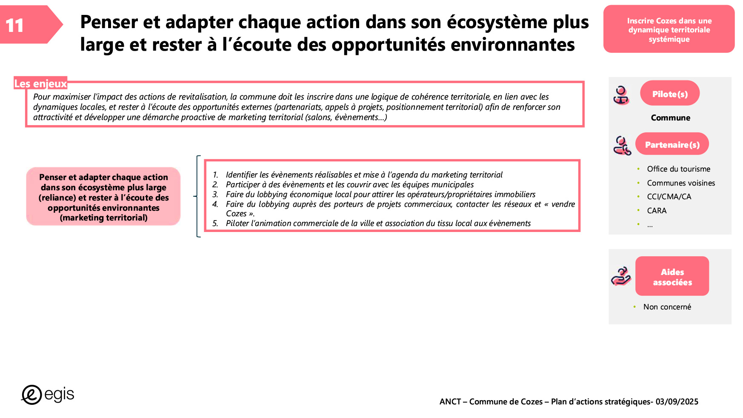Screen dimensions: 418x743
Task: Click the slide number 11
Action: (15, 26)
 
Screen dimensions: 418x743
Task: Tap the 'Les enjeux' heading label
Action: (40, 83)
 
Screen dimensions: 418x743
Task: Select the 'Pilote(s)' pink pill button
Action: (670, 94)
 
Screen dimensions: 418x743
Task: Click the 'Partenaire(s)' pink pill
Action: (672, 144)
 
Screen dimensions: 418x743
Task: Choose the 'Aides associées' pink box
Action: (672, 276)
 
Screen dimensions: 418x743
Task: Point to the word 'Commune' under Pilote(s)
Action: (670, 117)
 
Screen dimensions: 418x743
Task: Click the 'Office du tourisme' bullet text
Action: (678, 169)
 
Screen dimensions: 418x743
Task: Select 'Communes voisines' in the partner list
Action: (681, 183)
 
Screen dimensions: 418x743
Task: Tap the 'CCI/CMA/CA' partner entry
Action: (669, 197)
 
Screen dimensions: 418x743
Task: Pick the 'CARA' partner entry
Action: (657, 211)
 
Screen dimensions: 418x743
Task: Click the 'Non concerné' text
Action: (667, 307)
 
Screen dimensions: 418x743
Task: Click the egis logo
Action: (48, 395)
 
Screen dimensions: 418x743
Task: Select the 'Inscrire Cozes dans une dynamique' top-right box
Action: (669, 29)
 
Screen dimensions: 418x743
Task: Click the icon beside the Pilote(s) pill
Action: (621, 95)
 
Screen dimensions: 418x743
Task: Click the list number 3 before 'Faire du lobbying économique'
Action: (215, 195)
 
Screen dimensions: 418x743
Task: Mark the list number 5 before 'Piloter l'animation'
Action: (215, 223)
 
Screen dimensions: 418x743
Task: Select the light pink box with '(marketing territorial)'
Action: (103, 197)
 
